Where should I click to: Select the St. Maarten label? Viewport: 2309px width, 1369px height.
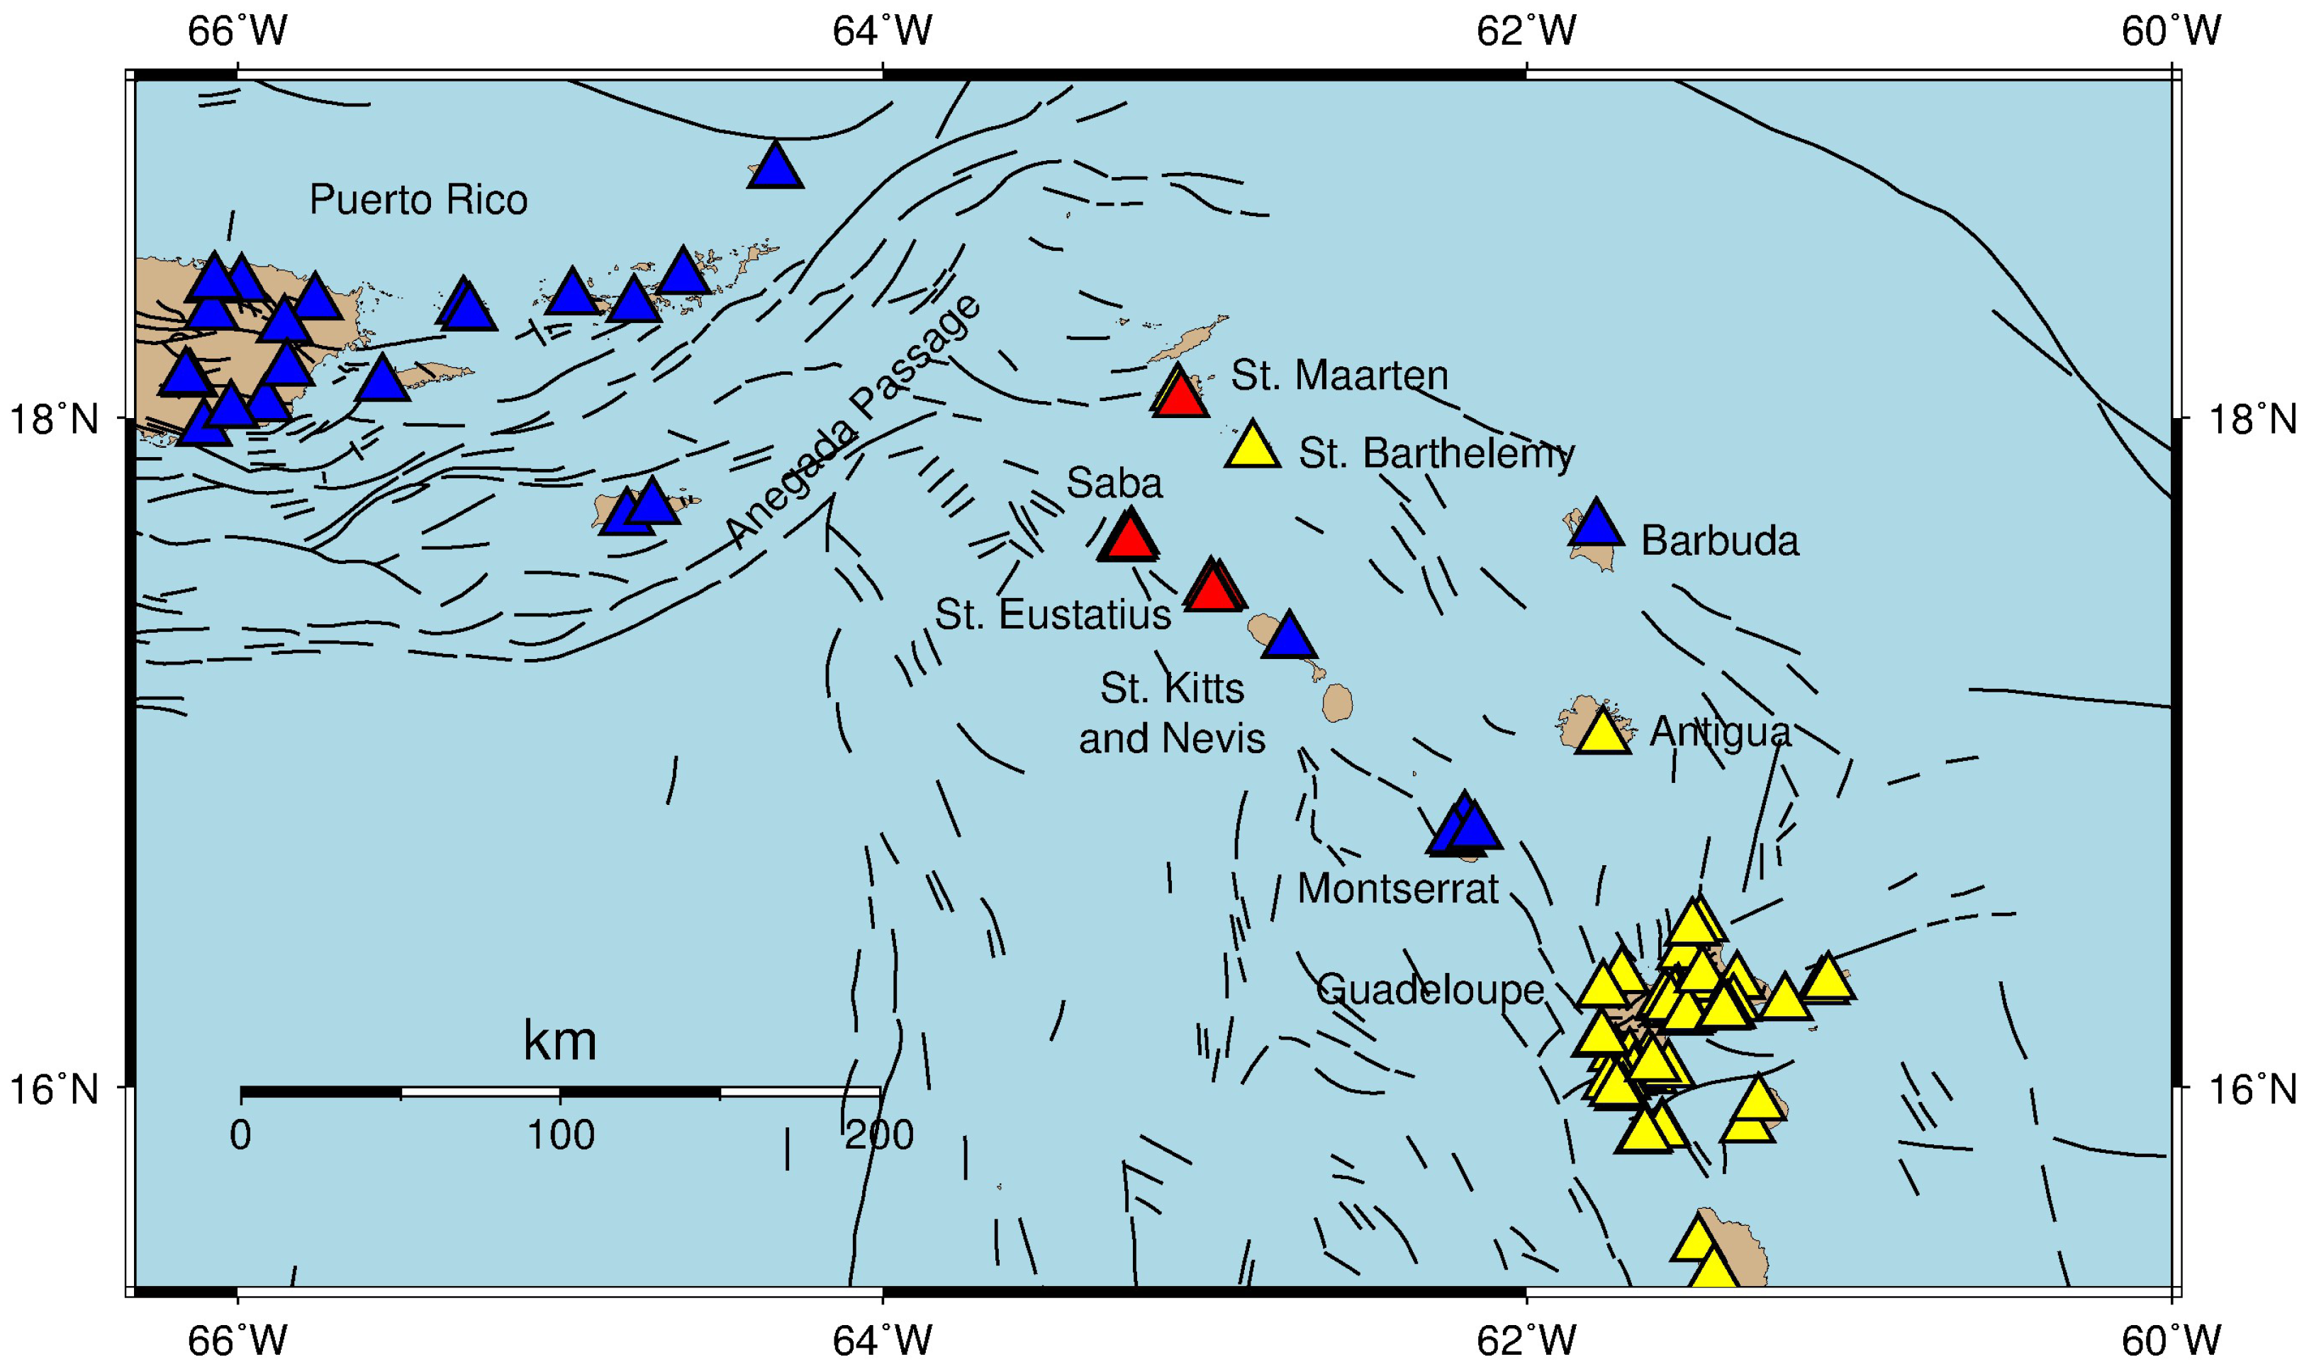click(x=1339, y=376)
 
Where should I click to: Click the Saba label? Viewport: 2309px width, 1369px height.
click(x=1114, y=483)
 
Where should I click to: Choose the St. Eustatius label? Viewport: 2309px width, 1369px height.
click(x=1052, y=614)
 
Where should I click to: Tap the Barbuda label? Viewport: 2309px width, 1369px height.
click(x=1719, y=541)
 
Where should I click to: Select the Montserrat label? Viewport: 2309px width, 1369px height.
click(x=1397, y=889)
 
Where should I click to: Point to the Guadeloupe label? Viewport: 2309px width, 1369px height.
click(x=1429, y=990)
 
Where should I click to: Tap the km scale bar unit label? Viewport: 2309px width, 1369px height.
click(x=559, y=1042)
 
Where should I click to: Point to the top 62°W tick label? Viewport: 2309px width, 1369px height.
click(x=1526, y=31)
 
